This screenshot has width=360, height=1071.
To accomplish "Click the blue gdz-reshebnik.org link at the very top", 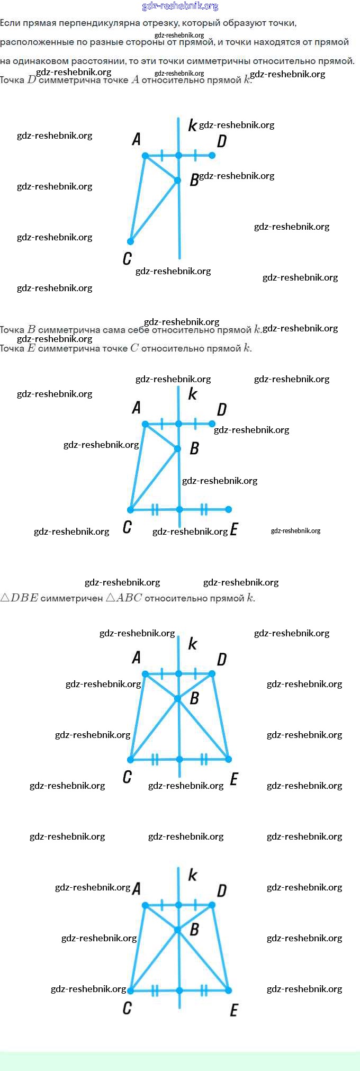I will click(x=180, y=6).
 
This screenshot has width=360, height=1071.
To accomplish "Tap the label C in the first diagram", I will click(x=127, y=258).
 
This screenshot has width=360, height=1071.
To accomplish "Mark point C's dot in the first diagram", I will click(x=130, y=241).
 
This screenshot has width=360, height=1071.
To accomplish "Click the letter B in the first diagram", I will click(x=194, y=180).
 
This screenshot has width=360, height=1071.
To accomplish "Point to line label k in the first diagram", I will click(x=192, y=125).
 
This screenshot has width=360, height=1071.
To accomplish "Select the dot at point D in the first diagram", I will click(x=212, y=155).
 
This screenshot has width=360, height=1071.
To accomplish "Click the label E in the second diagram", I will click(x=234, y=529).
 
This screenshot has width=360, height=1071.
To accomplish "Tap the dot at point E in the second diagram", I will click(x=228, y=509).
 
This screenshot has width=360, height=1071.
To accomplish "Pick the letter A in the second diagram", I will click(x=137, y=408).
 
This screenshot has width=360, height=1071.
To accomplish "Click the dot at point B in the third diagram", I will click(x=178, y=699).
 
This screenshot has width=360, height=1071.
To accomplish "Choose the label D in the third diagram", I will click(x=222, y=659).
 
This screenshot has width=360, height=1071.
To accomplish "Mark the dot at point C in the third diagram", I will click(x=130, y=760).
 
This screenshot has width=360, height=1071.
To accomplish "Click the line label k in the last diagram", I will click(x=192, y=875).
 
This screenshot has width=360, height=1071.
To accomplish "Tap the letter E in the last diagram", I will click(x=234, y=1010).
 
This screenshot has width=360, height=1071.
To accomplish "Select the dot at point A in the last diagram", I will click(x=145, y=905).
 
